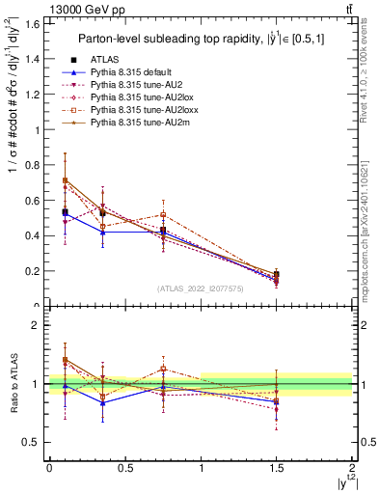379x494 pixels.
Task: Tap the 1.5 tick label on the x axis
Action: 277,467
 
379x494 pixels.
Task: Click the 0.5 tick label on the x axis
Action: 124,467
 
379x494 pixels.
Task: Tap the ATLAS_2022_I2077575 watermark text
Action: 201,288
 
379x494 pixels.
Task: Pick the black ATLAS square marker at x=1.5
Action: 277,275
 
